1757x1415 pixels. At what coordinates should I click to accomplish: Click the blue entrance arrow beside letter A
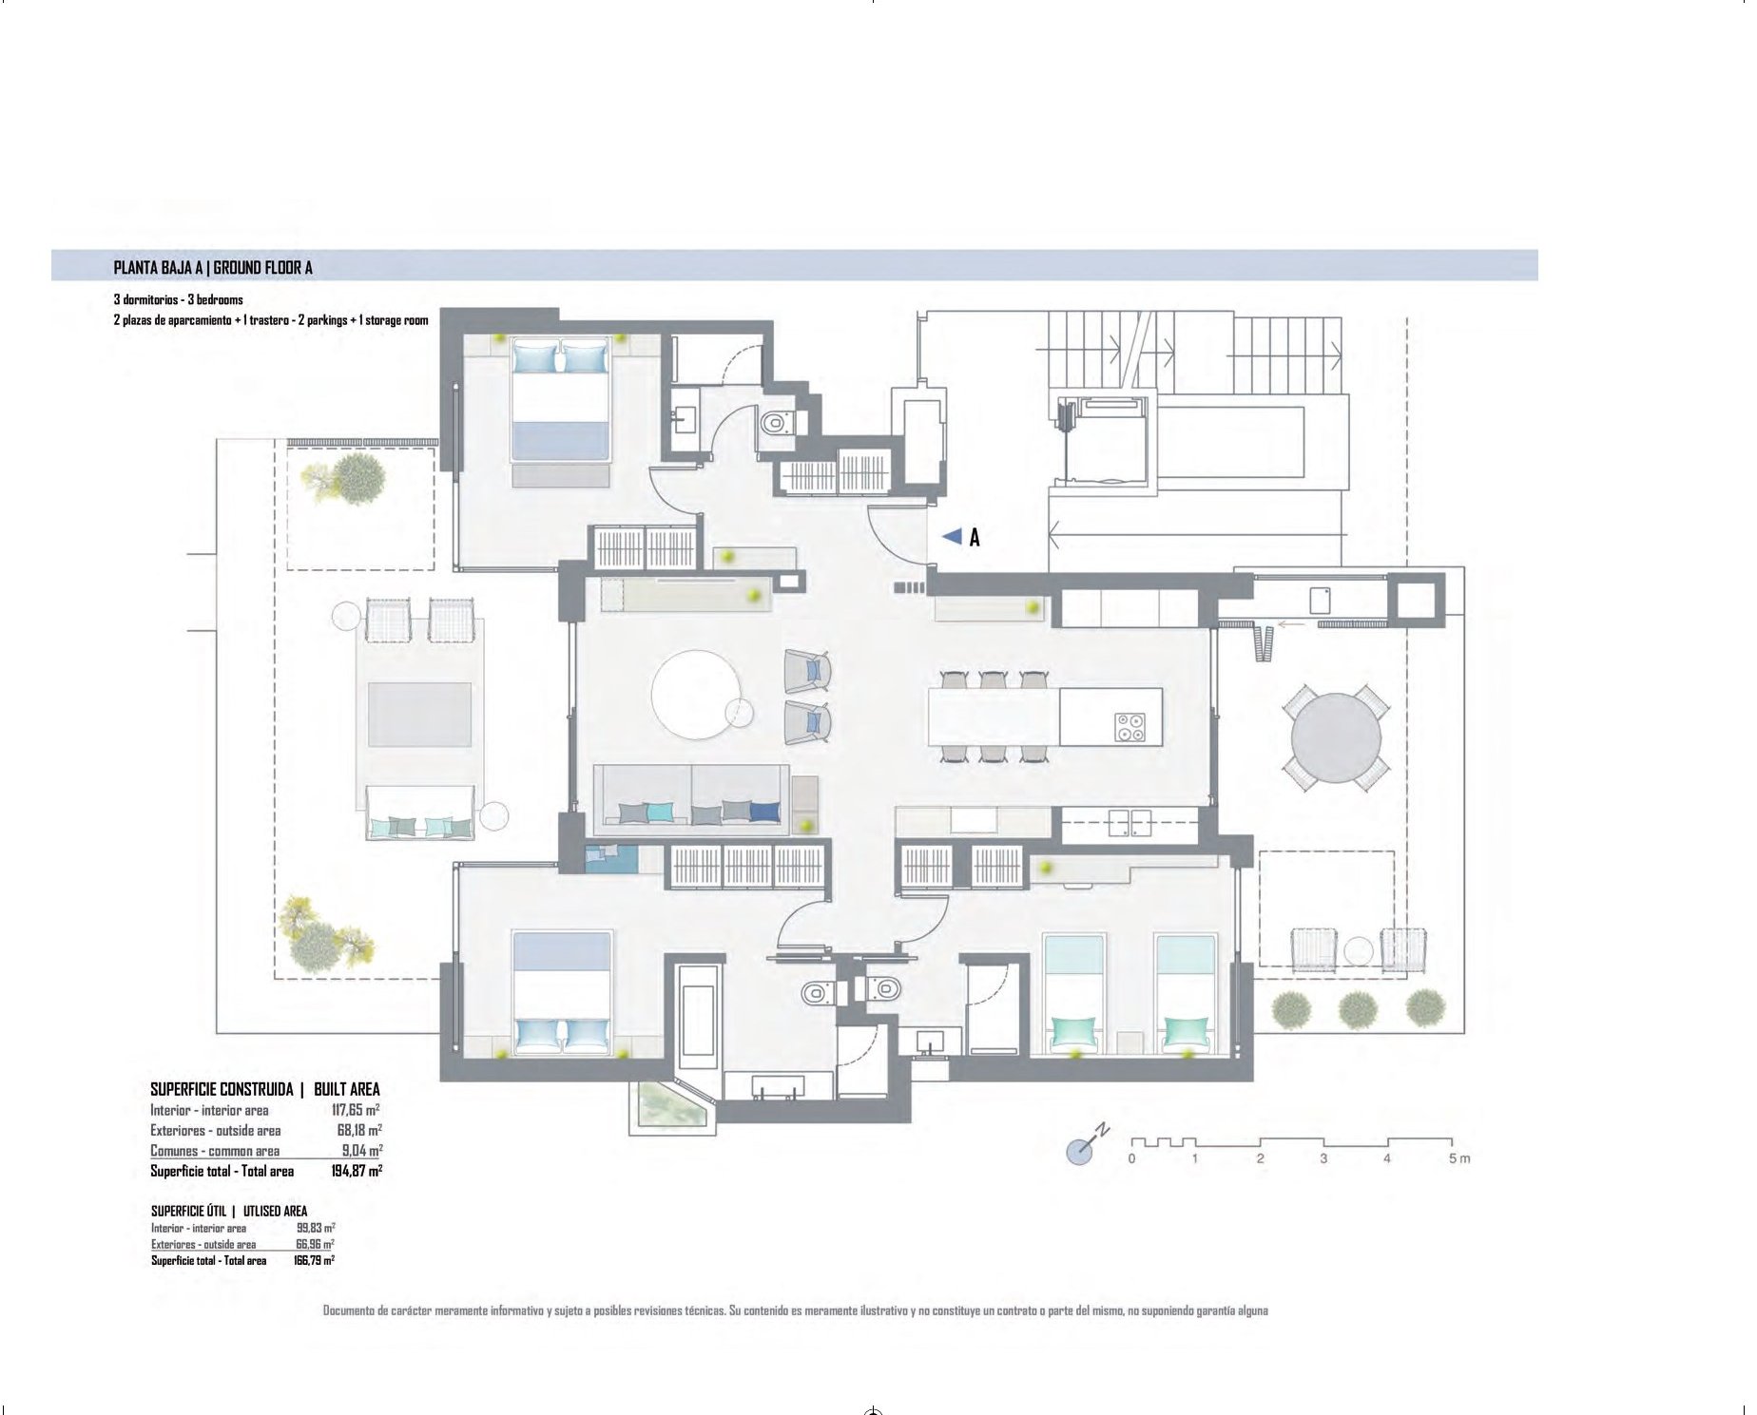click(953, 537)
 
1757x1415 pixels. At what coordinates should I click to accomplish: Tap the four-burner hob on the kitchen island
click(1131, 728)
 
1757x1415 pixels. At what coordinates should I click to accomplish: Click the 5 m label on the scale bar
click(1458, 1159)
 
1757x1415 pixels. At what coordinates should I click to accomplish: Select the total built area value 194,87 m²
click(357, 1172)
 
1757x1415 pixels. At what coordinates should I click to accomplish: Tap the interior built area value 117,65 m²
click(357, 1110)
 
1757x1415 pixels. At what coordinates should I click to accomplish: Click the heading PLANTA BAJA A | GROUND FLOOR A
click(213, 268)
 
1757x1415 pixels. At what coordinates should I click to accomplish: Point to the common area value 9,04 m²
click(362, 1151)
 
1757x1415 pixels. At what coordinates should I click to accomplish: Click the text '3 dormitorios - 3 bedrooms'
click(178, 300)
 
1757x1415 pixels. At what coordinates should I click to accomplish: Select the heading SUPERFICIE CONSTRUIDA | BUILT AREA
click(265, 1090)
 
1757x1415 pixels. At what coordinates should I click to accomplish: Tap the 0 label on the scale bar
click(1131, 1159)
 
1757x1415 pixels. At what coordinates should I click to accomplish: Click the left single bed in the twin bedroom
click(1074, 993)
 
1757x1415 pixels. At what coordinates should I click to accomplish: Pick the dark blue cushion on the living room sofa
click(764, 812)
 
